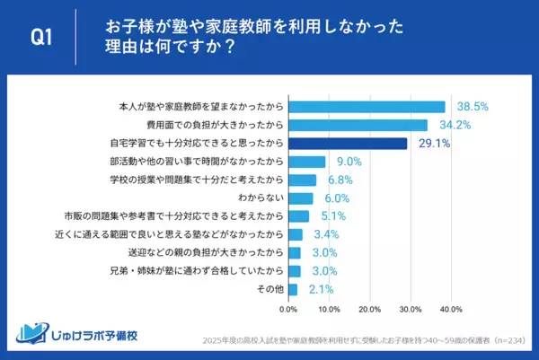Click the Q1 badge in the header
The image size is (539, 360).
[x=40, y=37]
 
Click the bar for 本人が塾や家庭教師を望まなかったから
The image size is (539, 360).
[x=367, y=107]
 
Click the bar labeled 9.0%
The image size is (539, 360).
[x=306, y=162]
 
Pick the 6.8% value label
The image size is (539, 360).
[x=338, y=180]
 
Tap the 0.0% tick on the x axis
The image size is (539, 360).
[x=288, y=310]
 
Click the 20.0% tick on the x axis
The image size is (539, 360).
[x=370, y=310]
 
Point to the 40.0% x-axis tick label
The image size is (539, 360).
[x=451, y=310]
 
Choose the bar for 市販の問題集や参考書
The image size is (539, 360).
[x=298, y=216]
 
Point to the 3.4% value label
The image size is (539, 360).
[x=323, y=234]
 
